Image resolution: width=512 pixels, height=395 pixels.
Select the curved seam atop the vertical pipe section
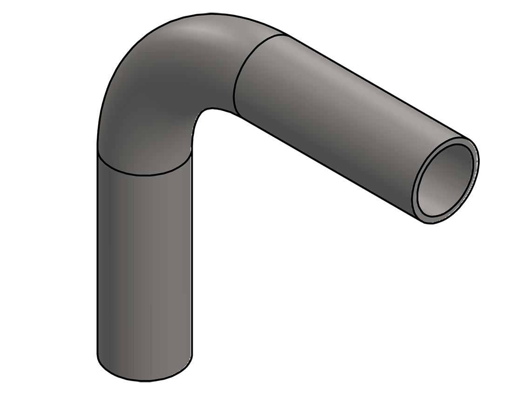pos(144,175)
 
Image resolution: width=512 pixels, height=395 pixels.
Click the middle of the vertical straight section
pos(144,265)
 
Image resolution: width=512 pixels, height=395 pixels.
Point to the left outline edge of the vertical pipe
pos(97,260)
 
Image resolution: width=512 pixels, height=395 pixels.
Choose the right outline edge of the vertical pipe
pos(192,260)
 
